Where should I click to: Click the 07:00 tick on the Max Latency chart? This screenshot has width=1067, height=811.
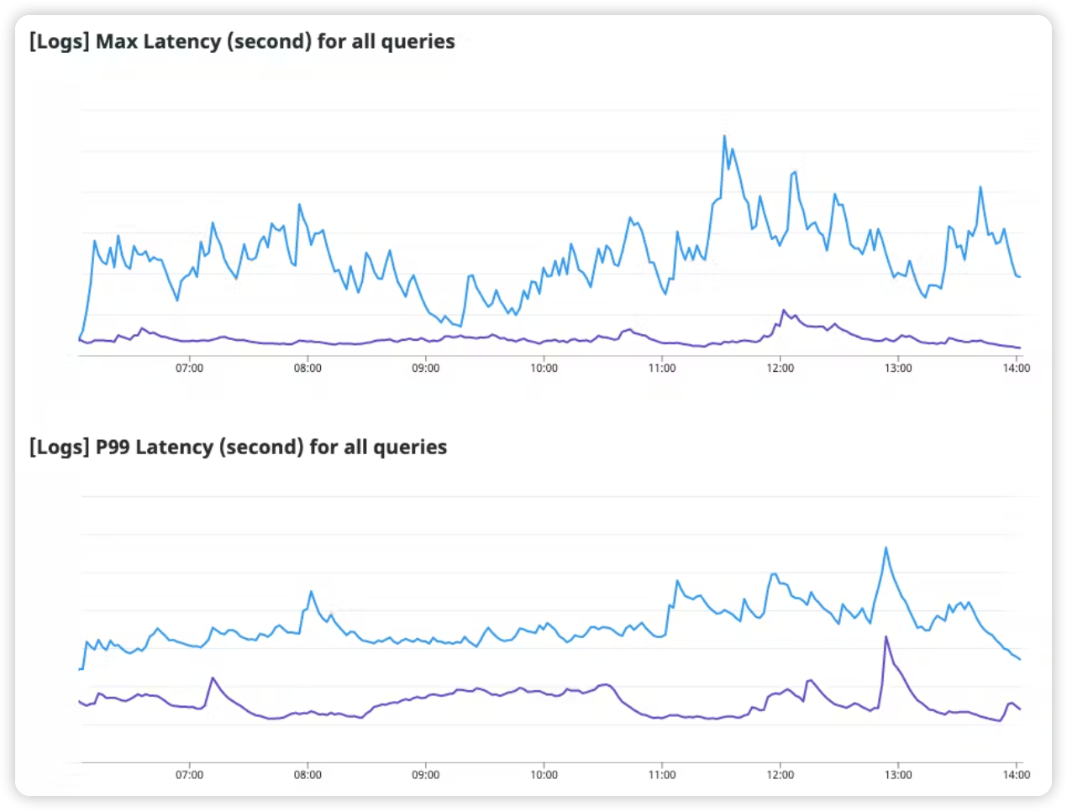click(189, 368)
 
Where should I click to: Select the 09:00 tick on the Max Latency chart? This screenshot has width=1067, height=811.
click(425, 368)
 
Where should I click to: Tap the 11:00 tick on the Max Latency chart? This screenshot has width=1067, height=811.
click(662, 368)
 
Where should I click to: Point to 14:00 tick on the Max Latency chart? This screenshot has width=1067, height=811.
click(1016, 368)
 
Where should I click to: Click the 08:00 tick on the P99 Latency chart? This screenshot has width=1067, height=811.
click(307, 774)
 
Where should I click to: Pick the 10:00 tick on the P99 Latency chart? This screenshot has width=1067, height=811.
click(544, 774)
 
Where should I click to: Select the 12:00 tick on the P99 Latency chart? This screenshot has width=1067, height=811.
click(780, 774)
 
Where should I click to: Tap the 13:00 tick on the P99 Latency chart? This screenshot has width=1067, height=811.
click(898, 774)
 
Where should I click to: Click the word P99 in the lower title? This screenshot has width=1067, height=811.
click(113, 447)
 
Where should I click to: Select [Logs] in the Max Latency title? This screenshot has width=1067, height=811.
click(59, 41)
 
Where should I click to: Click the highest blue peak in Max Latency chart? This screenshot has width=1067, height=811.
click(724, 136)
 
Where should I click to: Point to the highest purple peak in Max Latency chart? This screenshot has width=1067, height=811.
click(783, 310)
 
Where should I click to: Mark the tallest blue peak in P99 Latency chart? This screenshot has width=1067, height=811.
click(886, 547)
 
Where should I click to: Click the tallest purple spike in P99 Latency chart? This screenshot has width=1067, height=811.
click(886, 636)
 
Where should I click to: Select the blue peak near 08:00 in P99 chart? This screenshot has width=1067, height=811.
click(311, 591)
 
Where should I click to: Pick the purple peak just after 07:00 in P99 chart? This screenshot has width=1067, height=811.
click(213, 678)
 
